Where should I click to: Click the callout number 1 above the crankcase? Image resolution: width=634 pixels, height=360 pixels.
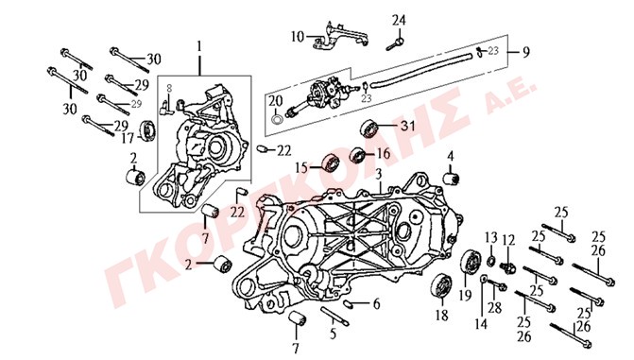point(199,46)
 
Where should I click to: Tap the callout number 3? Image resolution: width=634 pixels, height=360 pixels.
point(379,175)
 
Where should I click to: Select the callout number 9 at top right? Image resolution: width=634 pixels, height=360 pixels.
point(525,52)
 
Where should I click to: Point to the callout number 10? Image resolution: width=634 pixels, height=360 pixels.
point(298,37)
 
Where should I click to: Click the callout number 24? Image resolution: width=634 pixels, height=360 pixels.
point(399,20)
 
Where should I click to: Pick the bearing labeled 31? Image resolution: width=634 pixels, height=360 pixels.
point(368,129)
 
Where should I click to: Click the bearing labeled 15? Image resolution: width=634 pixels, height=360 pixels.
point(331,163)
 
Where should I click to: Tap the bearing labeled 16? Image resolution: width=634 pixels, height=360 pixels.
point(357,155)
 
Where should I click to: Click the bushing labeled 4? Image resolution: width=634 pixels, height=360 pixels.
point(451,179)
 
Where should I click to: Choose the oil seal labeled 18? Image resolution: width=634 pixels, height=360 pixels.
point(441,286)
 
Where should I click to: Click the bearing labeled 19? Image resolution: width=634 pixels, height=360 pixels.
point(471,263)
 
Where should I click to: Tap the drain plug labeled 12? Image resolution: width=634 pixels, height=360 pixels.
point(507,267)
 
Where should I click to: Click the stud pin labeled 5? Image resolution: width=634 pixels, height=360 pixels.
point(334,316)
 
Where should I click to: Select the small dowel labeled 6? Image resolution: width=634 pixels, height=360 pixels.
point(350,303)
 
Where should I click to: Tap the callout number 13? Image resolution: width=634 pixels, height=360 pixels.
point(491,237)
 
